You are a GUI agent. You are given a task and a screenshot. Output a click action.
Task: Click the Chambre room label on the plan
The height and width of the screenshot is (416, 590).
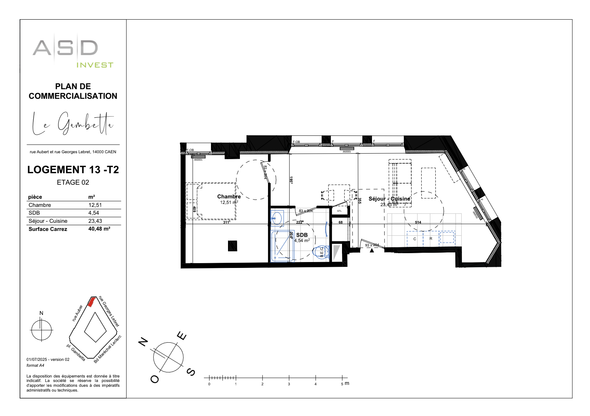click(229, 197)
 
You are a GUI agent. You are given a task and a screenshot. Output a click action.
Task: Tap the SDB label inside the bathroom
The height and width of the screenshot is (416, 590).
click(302, 235)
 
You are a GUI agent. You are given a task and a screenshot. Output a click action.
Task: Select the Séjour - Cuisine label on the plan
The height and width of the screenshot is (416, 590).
click(389, 199)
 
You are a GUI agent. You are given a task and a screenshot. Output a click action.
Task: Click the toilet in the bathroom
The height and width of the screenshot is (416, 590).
click(321, 252)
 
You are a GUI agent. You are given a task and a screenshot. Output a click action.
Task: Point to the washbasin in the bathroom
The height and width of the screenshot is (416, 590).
click(276, 218)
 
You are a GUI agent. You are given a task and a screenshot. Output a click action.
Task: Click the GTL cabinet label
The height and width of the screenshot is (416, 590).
click(339, 211)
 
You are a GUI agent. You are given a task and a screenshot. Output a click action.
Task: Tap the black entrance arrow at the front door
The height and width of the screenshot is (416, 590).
click(372, 251)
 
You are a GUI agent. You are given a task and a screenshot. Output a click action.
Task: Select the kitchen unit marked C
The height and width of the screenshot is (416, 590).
click(415, 239)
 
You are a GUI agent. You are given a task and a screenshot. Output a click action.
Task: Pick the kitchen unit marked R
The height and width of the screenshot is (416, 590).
click(431, 239)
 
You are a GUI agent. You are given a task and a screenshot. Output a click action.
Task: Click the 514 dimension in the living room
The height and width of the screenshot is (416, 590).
click(418, 222)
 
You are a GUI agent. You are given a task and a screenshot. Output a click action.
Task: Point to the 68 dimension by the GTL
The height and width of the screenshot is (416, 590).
click(341, 222)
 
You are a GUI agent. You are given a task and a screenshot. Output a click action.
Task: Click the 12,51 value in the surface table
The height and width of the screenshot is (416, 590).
click(95, 205)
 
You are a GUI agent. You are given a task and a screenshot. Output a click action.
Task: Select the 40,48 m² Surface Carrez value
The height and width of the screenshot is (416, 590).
click(99, 229)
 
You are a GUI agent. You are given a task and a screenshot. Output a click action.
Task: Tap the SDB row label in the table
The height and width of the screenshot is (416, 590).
click(34, 213)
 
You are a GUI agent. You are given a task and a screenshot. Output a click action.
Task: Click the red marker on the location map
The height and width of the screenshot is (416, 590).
click(91, 302)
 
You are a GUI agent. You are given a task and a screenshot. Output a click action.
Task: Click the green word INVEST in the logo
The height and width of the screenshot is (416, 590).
click(95, 65)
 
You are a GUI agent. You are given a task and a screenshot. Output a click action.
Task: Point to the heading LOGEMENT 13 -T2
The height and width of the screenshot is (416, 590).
click(73, 170)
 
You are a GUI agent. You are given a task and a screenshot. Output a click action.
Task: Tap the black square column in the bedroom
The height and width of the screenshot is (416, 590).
click(232, 246)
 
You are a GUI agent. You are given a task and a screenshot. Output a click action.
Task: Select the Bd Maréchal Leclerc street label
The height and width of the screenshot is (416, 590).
click(108, 349)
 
